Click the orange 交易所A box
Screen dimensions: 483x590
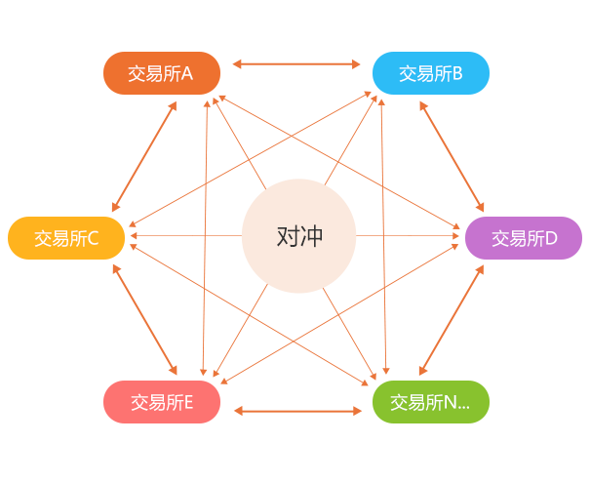[161, 72]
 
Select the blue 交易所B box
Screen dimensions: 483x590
[430, 72]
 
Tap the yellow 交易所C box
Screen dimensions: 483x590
[66, 237]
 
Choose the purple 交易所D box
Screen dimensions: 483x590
[523, 237]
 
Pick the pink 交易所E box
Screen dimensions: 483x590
[161, 401]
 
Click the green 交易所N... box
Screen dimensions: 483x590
[430, 401]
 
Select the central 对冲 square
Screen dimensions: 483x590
[298, 236]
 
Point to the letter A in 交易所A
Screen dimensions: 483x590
[187, 73]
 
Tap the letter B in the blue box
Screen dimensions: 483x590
[456, 73]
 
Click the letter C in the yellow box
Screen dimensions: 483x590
[93, 238]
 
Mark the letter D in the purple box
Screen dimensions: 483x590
[551, 238]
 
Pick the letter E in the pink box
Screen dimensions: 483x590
[187, 402]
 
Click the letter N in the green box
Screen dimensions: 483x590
[450, 402]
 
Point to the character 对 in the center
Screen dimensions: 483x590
[287, 236]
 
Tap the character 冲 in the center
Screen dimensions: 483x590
[311, 236]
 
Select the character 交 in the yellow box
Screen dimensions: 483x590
[42, 238]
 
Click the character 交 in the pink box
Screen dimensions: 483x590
[138, 402]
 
